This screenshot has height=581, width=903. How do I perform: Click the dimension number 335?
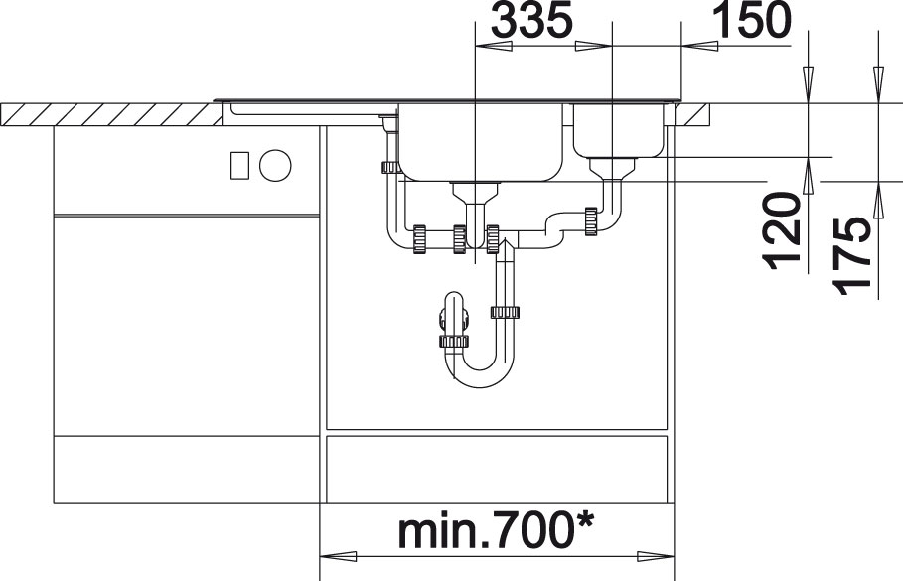click(532, 19)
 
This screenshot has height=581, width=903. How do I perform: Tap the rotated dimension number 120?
click(782, 231)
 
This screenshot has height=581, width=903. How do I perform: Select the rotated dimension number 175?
click(850, 255)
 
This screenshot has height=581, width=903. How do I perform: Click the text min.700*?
click(496, 531)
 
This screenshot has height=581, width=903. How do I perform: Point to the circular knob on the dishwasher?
click(275, 165)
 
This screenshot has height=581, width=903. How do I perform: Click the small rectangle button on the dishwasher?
click(239, 165)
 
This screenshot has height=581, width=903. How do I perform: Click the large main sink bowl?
click(481, 142)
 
